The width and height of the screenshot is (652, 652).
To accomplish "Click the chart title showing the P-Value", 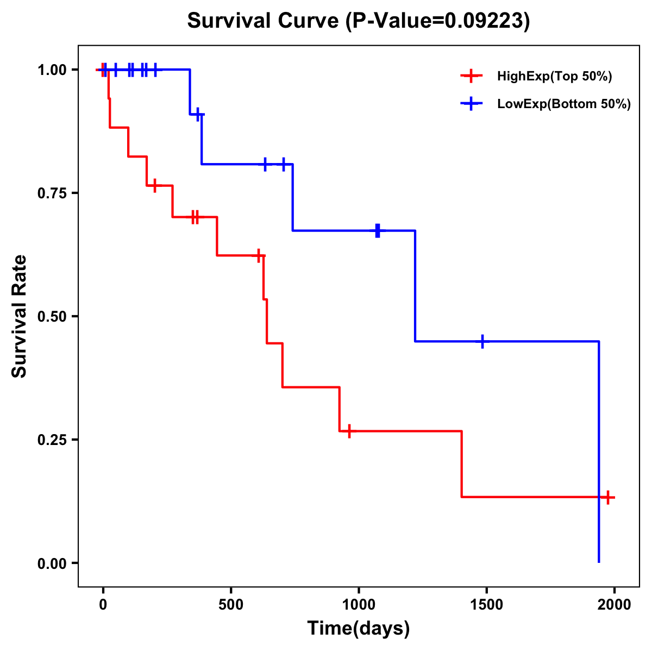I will [x=358, y=21].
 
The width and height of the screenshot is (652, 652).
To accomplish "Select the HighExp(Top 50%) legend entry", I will [x=554, y=77].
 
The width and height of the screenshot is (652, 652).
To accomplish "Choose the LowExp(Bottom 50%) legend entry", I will [x=563, y=104].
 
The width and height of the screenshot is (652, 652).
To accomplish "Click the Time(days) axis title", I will [x=359, y=629].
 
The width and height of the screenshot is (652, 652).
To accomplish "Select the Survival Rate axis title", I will [x=20, y=316].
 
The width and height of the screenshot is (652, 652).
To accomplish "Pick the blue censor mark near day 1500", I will [x=482, y=342].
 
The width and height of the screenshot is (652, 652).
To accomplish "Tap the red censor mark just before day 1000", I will [x=349, y=431].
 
